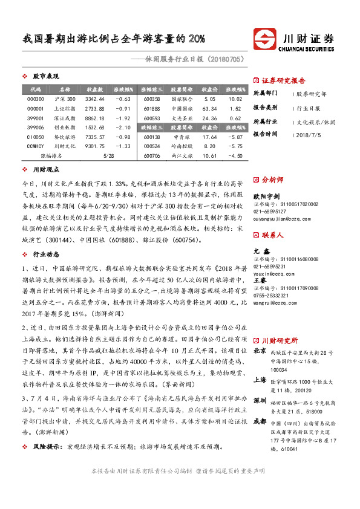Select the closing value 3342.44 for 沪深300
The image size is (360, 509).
(96, 99)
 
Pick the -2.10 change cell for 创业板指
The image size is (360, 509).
(123, 129)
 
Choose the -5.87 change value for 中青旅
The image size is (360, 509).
(235, 138)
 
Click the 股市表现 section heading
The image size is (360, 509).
(46, 76)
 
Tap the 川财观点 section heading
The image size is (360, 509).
(46, 170)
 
